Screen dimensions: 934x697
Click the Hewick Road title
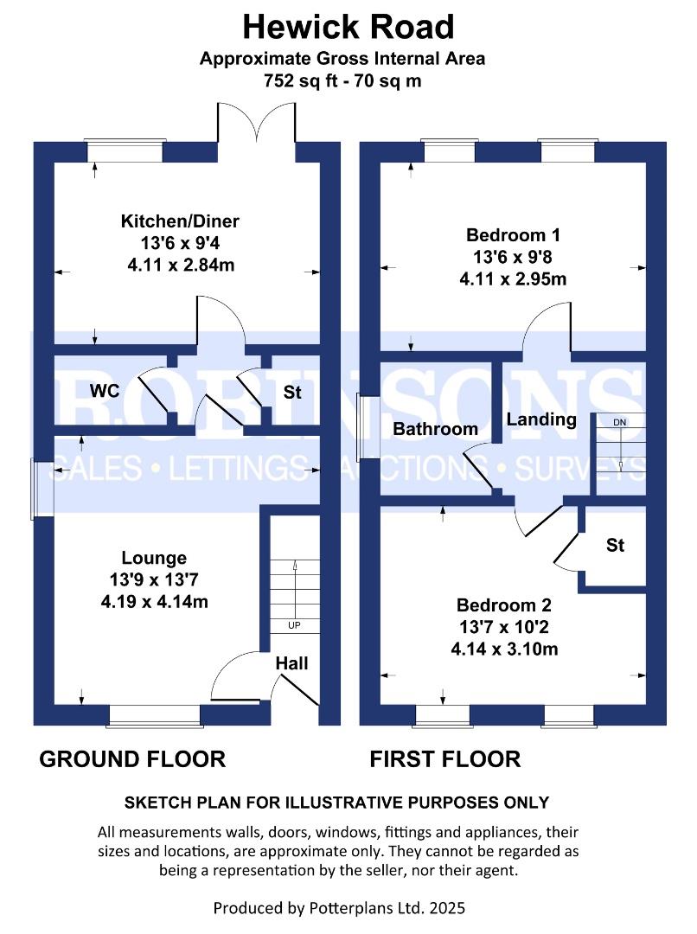(x=348, y=27)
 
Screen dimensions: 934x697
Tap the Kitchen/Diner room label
(x=179, y=221)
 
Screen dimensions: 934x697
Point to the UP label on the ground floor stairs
(x=295, y=624)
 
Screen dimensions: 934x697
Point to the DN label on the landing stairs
(x=619, y=422)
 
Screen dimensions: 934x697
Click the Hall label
(x=292, y=663)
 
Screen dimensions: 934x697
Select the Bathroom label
(x=435, y=429)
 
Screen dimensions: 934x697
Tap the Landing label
(x=541, y=419)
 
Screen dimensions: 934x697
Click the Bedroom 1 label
(x=514, y=234)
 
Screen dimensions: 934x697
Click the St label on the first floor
(x=615, y=546)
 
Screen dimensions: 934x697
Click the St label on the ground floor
(x=292, y=392)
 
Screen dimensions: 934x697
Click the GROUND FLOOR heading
(x=132, y=759)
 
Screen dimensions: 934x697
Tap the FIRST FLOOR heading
(x=445, y=759)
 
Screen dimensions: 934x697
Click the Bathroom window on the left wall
(x=369, y=427)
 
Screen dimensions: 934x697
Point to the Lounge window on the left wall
(x=42, y=489)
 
